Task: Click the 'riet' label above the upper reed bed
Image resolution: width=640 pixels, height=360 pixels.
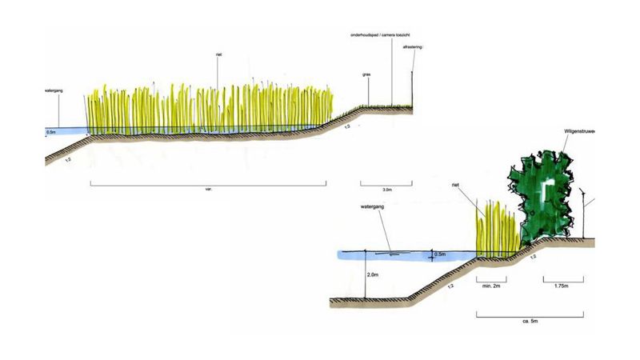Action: click(x=218, y=54)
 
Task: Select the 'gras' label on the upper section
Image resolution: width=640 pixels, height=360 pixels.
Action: click(x=366, y=74)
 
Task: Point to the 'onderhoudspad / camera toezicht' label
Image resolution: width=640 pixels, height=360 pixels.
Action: click(x=381, y=37)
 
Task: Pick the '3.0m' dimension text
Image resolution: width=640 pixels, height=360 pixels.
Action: click(x=387, y=190)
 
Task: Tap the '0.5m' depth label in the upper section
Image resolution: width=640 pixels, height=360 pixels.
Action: click(x=51, y=131)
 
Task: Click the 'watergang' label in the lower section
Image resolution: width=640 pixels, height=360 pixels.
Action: click(x=374, y=211)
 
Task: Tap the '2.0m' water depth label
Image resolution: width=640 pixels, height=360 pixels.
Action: click(x=373, y=274)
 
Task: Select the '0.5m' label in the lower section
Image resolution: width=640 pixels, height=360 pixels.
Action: click(x=438, y=254)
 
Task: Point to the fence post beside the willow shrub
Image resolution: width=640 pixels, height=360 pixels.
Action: click(x=586, y=212)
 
